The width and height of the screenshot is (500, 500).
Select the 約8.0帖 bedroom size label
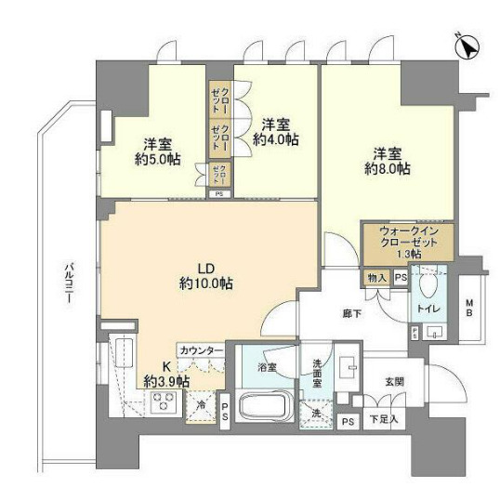coord(386,168)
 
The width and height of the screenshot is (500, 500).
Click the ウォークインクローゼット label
coord(406,242)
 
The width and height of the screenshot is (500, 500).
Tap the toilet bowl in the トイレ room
coord(427,284)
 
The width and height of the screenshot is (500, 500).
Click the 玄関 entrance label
coord(393,381)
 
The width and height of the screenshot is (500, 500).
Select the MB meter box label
coord(469,306)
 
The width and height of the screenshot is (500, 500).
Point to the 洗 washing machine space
coord(317,413)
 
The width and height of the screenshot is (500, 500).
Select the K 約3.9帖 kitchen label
coord(166,374)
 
